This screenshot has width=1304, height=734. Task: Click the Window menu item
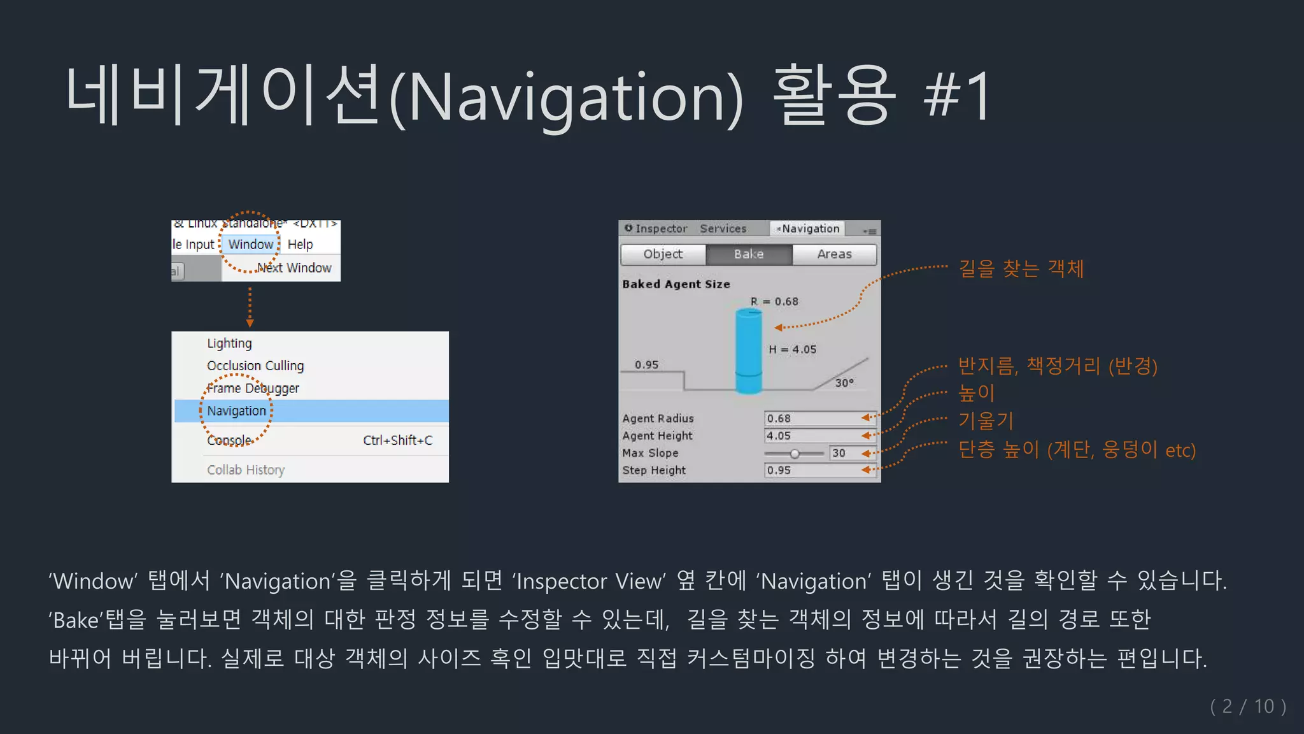(250, 245)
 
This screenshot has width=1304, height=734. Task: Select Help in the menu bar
(300, 245)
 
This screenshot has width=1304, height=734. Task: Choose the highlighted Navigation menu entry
(237, 411)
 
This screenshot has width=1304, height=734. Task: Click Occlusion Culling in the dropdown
(255, 366)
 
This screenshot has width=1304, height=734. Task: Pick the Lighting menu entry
(229, 343)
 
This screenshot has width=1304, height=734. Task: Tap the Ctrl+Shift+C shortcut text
(397, 440)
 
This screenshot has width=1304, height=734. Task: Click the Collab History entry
(246, 470)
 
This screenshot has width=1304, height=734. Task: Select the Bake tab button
(749, 254)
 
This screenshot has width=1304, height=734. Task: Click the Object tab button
(663, 254)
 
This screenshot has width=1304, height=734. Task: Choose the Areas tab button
(834, 254)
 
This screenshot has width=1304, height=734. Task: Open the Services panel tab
(723, 229)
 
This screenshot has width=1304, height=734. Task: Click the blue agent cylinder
(748, 350)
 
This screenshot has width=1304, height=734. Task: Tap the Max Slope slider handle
(795, 454)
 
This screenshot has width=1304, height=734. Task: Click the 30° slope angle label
(844, 383)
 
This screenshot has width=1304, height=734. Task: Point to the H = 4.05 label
(792, 350)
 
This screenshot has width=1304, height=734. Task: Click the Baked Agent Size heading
(676, 284)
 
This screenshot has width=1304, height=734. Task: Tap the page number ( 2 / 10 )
(1248, 707)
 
